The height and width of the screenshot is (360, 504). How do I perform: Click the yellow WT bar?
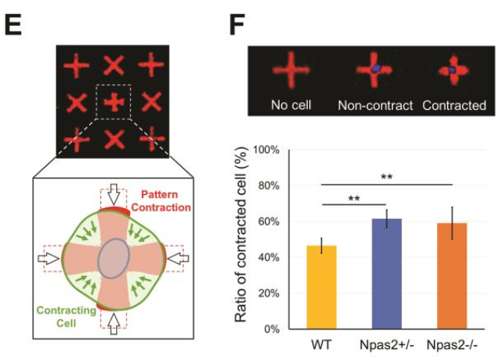(322, 288)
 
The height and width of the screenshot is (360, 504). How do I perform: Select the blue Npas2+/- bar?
(386, 274)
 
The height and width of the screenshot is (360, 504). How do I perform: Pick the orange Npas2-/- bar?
(452, 276)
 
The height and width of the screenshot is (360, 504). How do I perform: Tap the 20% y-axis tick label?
(269, 294)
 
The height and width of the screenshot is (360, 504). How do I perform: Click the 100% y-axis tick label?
(266, 150)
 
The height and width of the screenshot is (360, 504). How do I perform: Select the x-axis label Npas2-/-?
(453, 345)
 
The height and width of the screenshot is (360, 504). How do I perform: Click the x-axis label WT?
(321, 345)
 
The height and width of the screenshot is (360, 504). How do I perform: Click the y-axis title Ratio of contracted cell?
(241, 235)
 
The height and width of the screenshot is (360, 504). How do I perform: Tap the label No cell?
(291, 105)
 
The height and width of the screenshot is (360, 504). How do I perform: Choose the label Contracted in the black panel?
(454, 105)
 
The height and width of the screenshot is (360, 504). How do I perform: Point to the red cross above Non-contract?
(374, 69)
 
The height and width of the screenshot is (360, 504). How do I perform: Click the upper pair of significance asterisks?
(386, 177)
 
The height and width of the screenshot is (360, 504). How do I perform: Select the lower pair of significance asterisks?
(354, 199)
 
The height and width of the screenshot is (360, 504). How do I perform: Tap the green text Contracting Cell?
(66, 316)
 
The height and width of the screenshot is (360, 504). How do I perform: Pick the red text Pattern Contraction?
(161, 201)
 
